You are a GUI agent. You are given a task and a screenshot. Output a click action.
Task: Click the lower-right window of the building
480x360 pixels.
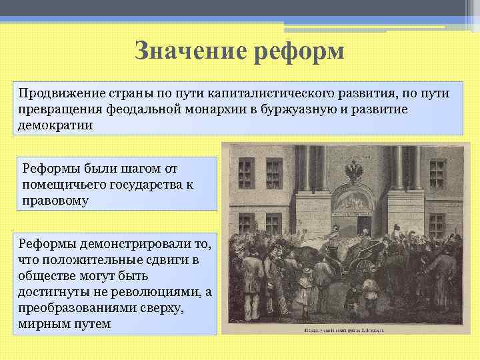point(437,225)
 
